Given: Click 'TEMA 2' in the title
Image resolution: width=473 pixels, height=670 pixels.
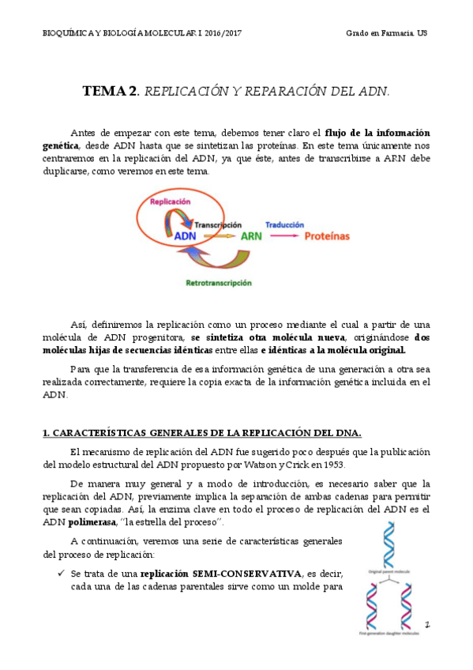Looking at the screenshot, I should click(110, 91).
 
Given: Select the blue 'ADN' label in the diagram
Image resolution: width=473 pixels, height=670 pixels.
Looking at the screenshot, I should click(185, 235).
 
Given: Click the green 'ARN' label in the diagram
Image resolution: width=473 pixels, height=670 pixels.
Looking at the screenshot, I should click(251, 235).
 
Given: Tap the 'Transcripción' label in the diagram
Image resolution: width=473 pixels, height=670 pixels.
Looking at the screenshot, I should click(218, 225).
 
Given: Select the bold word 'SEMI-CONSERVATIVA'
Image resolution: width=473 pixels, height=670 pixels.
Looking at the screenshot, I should click(250, 573).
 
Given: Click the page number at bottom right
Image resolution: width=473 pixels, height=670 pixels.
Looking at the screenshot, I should click(427, 624).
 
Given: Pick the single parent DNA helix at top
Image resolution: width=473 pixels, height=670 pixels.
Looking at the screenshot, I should click(388, 544).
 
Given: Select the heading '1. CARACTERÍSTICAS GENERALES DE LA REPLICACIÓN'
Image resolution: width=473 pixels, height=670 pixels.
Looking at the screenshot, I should click(201, 431).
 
